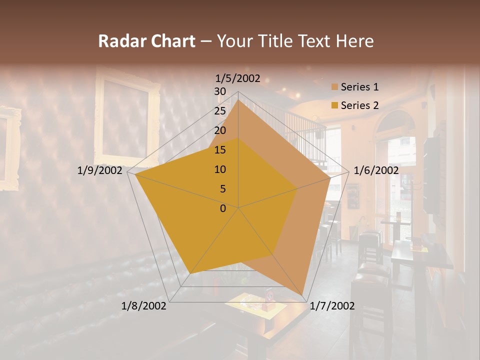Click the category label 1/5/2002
click(x=238, y=78)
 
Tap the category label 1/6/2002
click(x=376, y=170)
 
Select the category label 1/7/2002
click(x=332, y=306)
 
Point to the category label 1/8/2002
click(x=144, y=306)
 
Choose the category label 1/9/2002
click(x=100, y=170)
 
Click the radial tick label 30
click(x=220, y=91)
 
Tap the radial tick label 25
click(x=220, y=111)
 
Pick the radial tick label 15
click(x=220, y=150)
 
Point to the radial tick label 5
click(x=223, y=189)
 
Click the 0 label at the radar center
click(x=223, y=208)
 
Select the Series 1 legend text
click(x=359, y=87)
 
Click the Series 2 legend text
click(x=359, y=105)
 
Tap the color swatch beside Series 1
click(x=334, y=87)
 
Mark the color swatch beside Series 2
click(x=334, y=105)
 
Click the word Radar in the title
click(x=120, y=41)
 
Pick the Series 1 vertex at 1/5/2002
click(x=238, y=100)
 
